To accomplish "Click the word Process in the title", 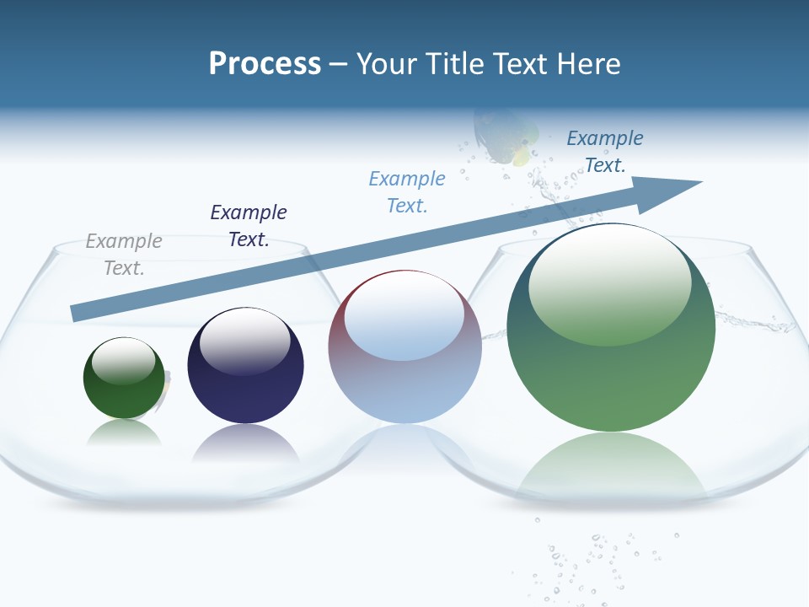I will pyautogui.click(x=265, y=64).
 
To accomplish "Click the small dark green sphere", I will pyautogui.click(x=124, y=388).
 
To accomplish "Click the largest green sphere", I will pyautogui.click(x=611, y=371).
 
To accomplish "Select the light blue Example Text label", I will pyautogui.click(x=407, y=192).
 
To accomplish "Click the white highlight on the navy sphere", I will pyautogui.click(x=245, y=341).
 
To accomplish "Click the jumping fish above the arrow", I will pyautogui.click(x=504, y=135).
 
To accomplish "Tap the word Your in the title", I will pyautogui.click(x=386, y=64).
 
